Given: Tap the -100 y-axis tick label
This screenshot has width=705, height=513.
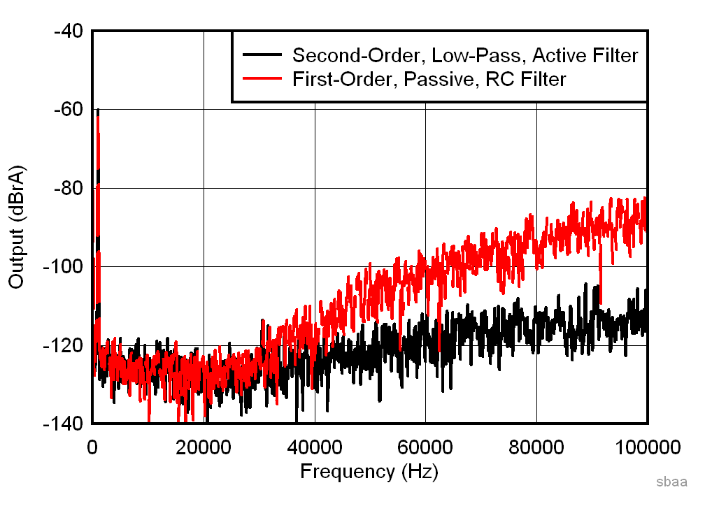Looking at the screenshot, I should (64, 267).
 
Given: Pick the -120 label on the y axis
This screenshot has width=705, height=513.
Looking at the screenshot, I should (64, 346).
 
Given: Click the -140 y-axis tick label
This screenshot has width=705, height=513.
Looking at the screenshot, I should (64, 424).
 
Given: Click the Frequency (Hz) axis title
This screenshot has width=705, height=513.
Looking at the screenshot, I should (369, 472).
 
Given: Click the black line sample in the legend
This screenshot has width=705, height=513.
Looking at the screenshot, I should (262, 55).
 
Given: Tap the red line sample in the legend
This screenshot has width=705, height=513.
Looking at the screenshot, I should (262, 79).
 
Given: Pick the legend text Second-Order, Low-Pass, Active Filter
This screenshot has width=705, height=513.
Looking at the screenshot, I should (465, 55).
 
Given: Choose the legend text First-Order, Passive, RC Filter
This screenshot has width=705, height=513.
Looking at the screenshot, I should (429, 79).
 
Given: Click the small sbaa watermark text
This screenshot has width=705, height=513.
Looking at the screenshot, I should (671, 482).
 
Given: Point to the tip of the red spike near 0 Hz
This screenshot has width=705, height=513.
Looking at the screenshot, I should (98, 110).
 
